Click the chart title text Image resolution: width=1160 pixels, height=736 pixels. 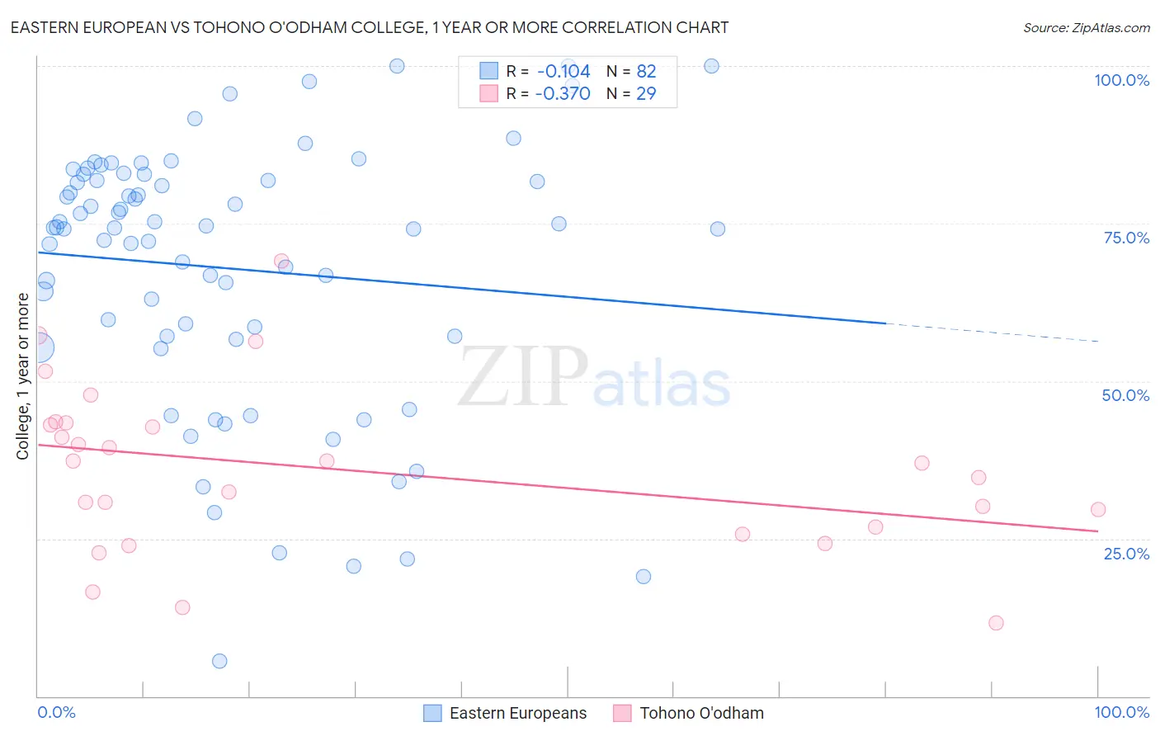pos(370,27)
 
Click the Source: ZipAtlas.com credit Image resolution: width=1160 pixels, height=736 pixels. pos(1086,27)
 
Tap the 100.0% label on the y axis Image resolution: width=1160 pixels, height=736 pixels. pos(1121,80)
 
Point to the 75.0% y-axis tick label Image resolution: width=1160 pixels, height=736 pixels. pos(1126,238)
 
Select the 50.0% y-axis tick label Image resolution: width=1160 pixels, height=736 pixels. pos(1125,395)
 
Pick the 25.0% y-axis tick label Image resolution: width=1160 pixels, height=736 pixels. pos(1126,554)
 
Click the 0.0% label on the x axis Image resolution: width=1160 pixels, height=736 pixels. pos(56,712)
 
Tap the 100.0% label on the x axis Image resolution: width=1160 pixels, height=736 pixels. pos(1121,712)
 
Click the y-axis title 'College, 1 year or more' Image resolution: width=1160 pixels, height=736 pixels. pos(23,375)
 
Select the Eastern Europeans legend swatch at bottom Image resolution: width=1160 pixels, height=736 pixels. pos(432,713)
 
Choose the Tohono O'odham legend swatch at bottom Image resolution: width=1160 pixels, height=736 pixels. pos(622,713)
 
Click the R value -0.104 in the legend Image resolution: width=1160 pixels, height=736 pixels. pos(563,72)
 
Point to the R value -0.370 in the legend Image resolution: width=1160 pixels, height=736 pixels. pos(563,93)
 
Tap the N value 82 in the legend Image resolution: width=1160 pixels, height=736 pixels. pos(646,72)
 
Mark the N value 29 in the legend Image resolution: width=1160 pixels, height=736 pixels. pos(646,93)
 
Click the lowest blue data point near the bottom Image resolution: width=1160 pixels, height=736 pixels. pos(219,661)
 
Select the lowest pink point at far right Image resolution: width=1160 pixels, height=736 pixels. pos(996,623)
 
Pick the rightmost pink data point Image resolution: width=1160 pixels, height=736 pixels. pos(1097,510)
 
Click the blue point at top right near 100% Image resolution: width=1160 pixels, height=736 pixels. pos(711,66)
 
